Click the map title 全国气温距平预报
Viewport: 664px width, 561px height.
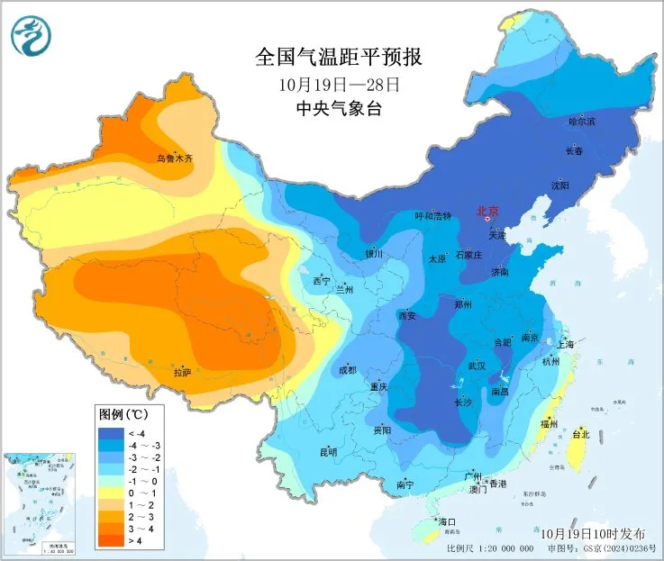pos(338,58)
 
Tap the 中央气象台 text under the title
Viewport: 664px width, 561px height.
pos(338,110)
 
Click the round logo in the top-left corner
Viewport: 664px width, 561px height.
pos(32,35)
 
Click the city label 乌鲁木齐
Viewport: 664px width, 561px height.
pos(175,158)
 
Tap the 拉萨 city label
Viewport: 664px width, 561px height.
pos(181,371)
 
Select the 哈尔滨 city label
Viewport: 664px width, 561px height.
pos(582,121)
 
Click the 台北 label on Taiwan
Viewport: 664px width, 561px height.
pos(581,434)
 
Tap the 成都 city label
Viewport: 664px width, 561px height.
pos(347,370)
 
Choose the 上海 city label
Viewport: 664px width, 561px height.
pos(566,344)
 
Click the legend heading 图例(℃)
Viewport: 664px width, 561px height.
pos(123,414)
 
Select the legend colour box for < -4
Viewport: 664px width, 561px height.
pos(110,433)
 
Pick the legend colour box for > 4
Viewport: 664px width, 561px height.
pos(110,539)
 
